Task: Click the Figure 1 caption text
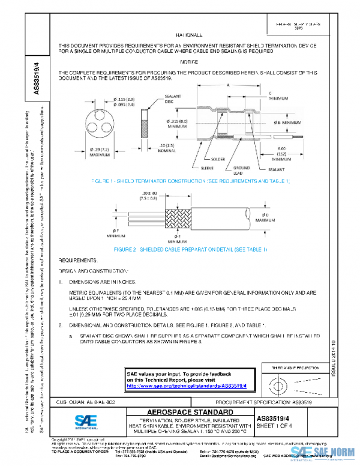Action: (191, 180)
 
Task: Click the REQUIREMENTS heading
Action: (78, 260)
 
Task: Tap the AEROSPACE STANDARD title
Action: (190, 412)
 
